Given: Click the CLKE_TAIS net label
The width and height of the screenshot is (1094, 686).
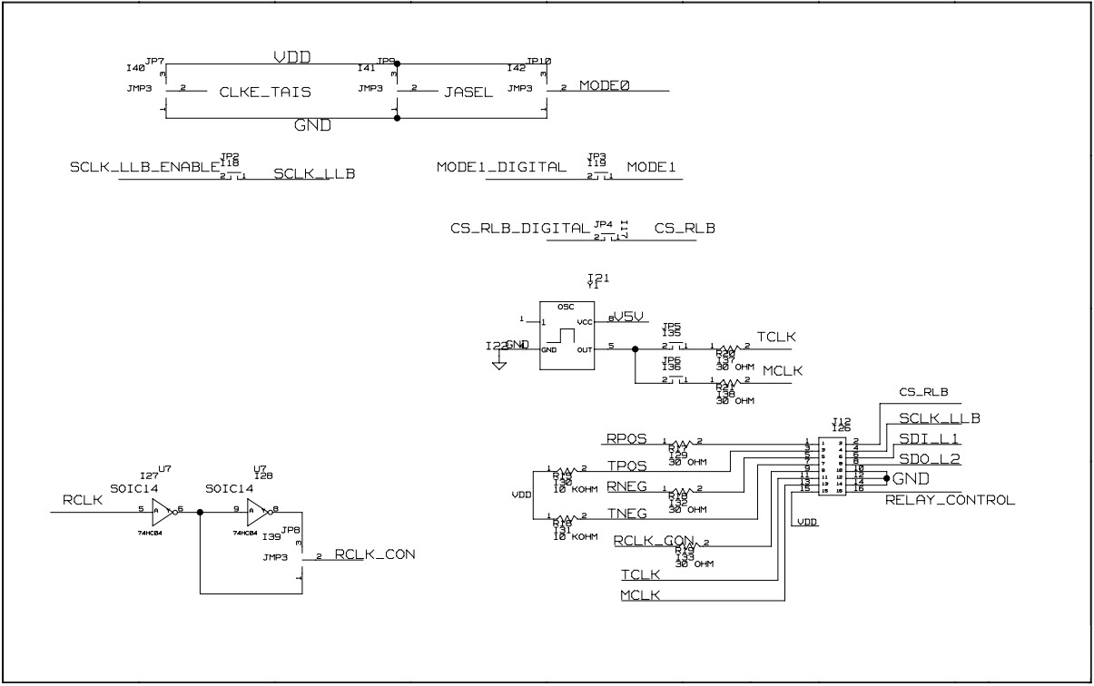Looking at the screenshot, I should pyautogui.click(x=265, y=92).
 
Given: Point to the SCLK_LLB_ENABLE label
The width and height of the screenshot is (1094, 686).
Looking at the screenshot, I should pyautogui.click(x=144, y=168).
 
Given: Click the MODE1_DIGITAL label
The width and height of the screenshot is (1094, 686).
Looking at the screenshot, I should pyautogui.click(x=501, y=168).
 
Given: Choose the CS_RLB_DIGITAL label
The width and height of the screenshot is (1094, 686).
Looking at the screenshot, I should pyautogui.click(x=519, y=229).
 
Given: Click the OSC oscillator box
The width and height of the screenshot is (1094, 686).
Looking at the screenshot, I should pyautogui.click(x=567, y=335).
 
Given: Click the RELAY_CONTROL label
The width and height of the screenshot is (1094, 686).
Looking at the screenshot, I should pyautogui.click(x=950, y=500).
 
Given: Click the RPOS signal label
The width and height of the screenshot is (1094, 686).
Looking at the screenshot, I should pyautogui.click(x=626, y=438).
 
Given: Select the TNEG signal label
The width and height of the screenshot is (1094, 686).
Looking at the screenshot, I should pyautogui.click(x=626, y=514).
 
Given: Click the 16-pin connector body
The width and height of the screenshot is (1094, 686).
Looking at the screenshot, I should pyautogui.click(x=834, y=467).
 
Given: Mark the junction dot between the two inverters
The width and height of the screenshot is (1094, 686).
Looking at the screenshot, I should pyautogui.click(x=200, y=511).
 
